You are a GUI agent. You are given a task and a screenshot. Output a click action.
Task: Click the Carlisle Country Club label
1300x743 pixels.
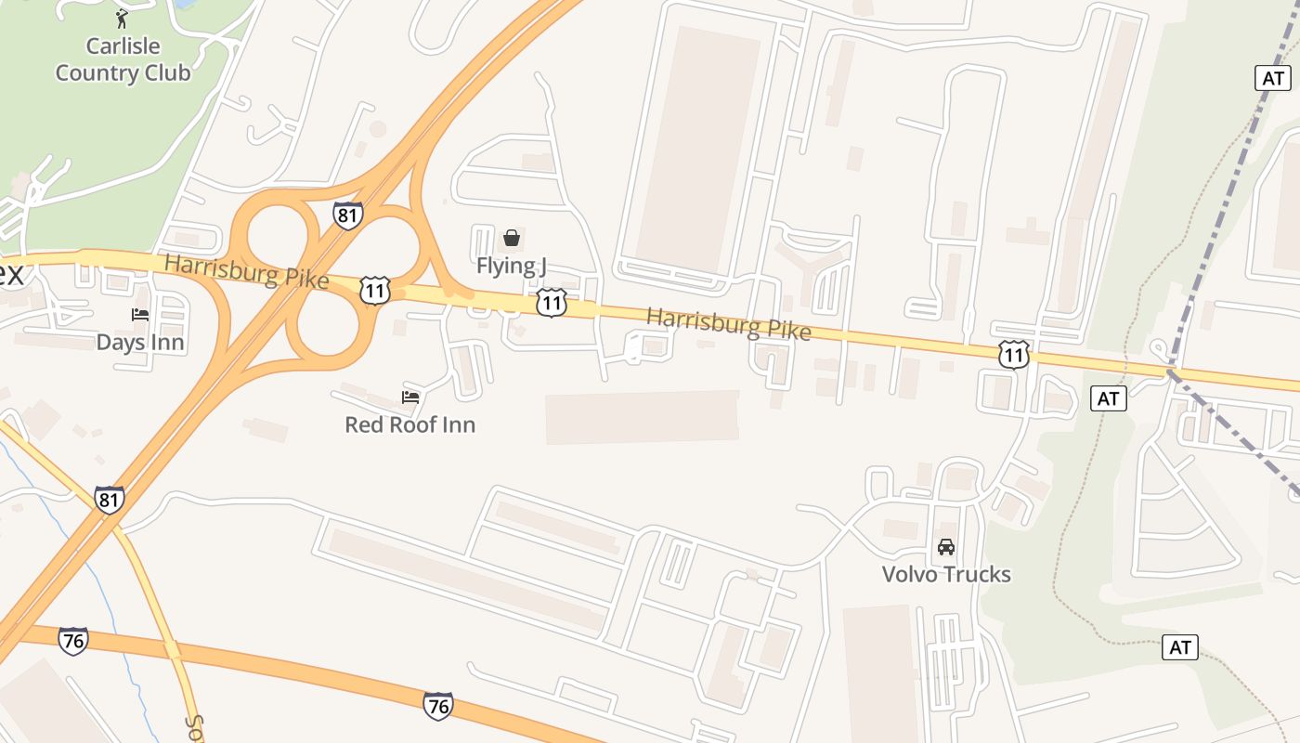click(x=123, y=59)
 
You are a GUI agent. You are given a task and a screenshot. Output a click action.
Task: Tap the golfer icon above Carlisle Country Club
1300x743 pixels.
click(x=122, y=18)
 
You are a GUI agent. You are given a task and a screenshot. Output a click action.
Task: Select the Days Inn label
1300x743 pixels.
click(x=140, y=343)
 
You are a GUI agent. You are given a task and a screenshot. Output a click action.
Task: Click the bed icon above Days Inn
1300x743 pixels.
click(x=140, y=315)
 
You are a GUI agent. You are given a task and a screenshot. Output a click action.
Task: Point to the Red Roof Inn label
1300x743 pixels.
click(x=409, y=424)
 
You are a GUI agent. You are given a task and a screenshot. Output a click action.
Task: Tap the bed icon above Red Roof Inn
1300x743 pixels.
click(x=410, y=398)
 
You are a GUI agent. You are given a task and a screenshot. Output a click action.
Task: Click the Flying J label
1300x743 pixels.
click(x=511, y=266)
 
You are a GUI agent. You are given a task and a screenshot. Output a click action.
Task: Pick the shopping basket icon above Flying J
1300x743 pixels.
click(x=511, y=238)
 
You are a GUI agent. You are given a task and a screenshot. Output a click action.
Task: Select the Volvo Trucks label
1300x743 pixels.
click(x=946, y=574)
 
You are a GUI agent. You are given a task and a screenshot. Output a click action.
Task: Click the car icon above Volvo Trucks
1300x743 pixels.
click(x=946, y=547)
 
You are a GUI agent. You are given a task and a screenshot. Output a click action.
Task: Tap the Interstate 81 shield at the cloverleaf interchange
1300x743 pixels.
click(x=347, y=215)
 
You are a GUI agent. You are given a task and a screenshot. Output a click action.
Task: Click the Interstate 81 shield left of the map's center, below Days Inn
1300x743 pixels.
click(x=109, y=500)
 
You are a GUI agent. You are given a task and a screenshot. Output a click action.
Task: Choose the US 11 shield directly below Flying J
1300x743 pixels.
click(x=552, y=302)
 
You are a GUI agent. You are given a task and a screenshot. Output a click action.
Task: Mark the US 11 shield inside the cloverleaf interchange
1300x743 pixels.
click(x=375, y=290)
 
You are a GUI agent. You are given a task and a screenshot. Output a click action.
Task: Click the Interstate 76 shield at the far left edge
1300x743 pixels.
click(x=72, y=640)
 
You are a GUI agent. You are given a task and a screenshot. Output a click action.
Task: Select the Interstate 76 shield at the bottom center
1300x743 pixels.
click(x=438, y=706)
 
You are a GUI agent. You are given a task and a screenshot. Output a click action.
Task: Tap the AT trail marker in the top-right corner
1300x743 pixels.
click(x=1272, y=78)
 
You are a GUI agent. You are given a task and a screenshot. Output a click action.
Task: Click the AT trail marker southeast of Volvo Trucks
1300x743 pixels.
click(x=1179, y=647)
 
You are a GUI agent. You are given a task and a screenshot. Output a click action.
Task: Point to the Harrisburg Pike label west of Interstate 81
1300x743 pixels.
click(x=246, y=271)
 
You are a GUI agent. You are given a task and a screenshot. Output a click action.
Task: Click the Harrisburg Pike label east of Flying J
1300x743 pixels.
click(x=728, y=324)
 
